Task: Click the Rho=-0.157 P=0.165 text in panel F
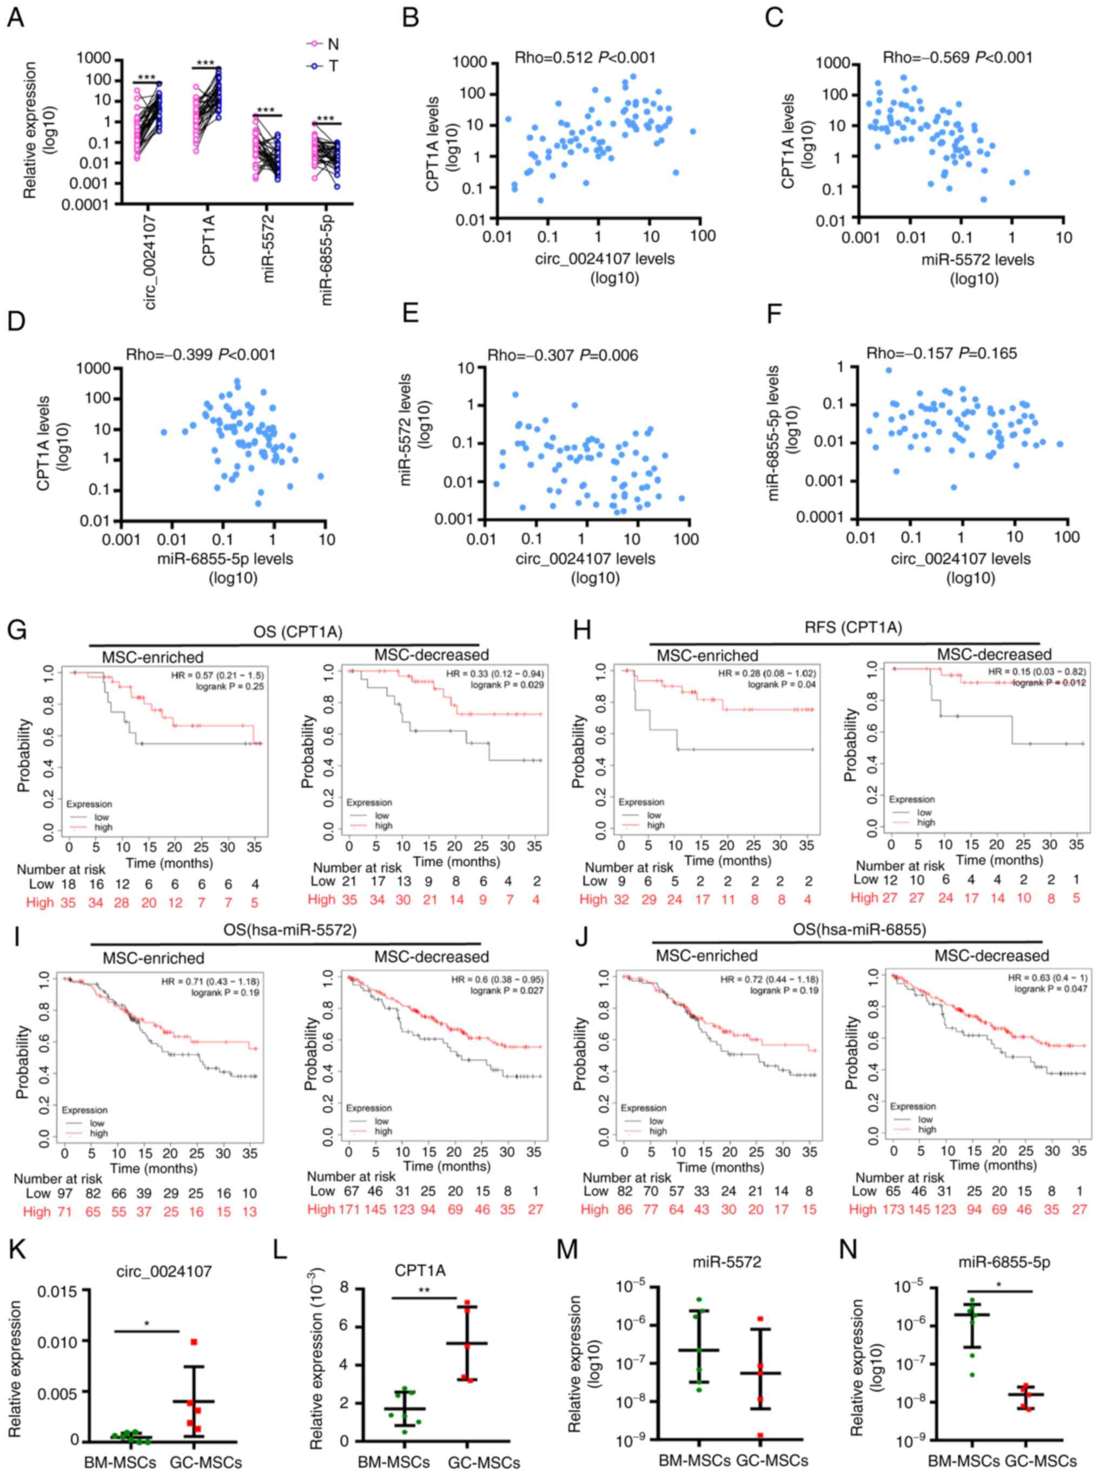click(941, 353)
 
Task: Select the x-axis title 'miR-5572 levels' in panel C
click(977, 260)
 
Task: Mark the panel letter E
click(411, 313)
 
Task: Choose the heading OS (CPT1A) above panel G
click(297, 632)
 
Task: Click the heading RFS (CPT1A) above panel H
click(852, 627)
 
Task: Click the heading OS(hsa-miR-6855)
click(859, 929)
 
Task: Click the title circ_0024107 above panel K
click(164, 1271)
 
